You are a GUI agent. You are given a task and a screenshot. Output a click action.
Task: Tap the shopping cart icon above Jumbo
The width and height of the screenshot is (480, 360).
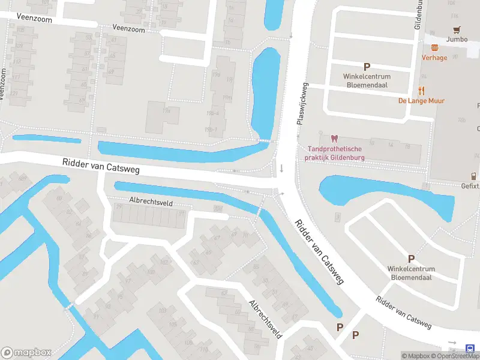coord(458,30)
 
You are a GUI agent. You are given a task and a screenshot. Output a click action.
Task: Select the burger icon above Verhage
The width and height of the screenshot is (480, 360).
coord(434,47)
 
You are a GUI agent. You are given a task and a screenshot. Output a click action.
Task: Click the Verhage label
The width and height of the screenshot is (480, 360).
coord(434,58)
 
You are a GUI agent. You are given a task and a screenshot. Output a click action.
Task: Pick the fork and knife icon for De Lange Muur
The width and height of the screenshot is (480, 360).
coord(421,91)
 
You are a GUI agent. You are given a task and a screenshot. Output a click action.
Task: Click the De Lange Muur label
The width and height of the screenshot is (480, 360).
coord(421,101)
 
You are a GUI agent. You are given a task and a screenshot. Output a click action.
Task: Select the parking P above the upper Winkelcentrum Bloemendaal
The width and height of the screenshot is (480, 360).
coord(367,67)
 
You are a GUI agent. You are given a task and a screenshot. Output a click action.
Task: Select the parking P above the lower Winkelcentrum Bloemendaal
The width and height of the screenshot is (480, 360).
coord(411,259)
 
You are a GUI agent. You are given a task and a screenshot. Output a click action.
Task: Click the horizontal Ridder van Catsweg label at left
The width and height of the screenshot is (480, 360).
coord(101,166)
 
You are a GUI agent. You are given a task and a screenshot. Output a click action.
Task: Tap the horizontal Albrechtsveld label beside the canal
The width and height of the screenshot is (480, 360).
coord(151,203)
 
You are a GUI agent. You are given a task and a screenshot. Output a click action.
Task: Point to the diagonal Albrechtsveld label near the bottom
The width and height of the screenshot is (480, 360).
coord(266,319)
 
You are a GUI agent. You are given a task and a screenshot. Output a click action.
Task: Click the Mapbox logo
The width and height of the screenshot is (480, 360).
coord(26,353)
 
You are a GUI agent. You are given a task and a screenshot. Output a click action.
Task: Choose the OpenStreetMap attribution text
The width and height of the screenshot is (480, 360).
coord(457,356)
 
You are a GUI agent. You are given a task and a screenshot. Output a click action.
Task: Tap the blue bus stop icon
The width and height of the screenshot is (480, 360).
coord(470,348)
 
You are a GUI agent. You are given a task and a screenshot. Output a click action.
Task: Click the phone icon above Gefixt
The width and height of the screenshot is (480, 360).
coord(473,176)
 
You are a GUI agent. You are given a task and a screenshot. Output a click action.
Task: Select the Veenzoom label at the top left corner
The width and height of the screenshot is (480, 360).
coord(34,19)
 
